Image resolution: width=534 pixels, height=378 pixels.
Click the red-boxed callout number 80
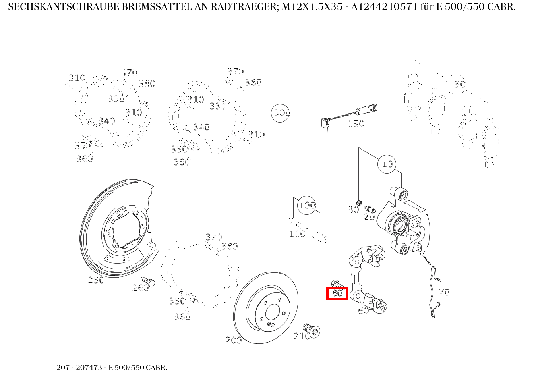point(337,293)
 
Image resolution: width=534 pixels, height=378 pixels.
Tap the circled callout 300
point(281,113)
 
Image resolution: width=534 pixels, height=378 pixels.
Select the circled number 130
point(457,84)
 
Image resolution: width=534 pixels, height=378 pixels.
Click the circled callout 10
point(387,164)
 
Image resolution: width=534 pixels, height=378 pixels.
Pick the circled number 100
point(307,205)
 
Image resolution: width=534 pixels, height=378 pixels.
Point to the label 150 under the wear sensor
point(356,124)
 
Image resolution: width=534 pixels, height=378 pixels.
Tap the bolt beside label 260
point(148,281)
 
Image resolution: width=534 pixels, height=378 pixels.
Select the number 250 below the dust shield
point(96,280)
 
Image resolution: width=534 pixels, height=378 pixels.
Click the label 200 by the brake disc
point(234,340)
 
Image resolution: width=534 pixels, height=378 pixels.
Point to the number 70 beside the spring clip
point(444,292)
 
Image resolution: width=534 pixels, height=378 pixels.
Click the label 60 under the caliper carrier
point(363,311)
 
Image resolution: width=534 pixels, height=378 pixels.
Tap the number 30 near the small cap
point(353,210)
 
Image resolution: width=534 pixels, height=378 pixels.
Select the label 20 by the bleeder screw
point(369,217)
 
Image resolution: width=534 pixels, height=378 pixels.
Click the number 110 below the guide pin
point(297,234)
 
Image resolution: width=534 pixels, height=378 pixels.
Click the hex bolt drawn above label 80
point(335,283)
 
